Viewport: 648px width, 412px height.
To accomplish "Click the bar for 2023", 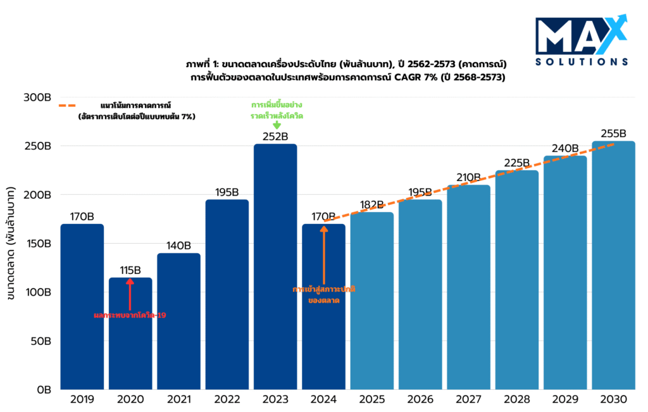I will coord(275,266).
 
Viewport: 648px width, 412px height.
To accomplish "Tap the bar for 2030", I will coord(613,265).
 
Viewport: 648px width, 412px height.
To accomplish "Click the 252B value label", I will coord(275,137).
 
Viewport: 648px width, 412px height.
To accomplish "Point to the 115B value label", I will coord(130,270).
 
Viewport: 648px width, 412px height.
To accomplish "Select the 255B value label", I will coord(613,134).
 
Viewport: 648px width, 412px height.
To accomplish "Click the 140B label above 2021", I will coord(178,246).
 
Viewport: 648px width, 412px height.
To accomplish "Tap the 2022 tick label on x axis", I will coord(227,400).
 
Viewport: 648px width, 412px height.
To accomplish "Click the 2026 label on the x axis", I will coord(420,400).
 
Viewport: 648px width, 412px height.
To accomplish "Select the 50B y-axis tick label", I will coord(42,341).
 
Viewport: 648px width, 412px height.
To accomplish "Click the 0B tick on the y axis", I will coord(44,390).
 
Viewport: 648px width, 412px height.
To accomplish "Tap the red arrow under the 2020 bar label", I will coord(130,294).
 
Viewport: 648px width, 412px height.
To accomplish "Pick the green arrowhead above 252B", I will coord(276,125).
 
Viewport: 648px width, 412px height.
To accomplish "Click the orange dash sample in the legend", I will coord(75,106).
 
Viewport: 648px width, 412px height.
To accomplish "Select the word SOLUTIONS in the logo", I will coord(581,62).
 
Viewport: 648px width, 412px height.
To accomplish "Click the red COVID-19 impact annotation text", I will coord(130,315).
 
